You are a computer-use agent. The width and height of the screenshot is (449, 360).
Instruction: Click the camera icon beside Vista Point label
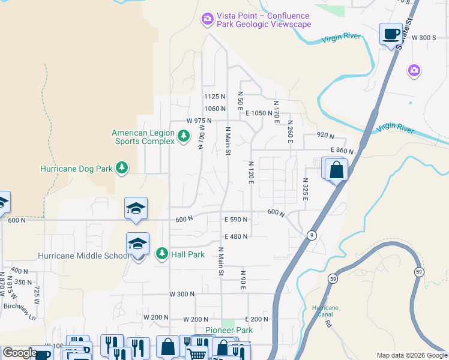(x=208, y=20)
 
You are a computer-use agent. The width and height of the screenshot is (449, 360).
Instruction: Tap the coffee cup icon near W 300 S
(x=391, y=34)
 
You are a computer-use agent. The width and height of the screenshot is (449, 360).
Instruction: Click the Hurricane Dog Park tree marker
(x=122, y=169)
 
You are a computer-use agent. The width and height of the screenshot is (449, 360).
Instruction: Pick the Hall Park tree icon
(x=161, y=254)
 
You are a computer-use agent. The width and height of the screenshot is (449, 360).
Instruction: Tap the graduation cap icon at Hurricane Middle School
(x=137, y=245)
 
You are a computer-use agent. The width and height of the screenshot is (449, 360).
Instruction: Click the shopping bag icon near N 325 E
(x=337, y=170)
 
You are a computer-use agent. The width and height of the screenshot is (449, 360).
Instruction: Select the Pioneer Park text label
(x=229, y=330)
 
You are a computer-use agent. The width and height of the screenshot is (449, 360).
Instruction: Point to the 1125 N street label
(x=214, y=96)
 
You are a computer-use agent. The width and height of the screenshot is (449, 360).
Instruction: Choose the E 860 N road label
(x=340, y=151)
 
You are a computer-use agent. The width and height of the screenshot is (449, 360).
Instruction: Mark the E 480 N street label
(x=236, y=236)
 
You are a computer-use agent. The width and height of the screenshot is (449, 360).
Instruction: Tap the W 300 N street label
(x=182, y=294)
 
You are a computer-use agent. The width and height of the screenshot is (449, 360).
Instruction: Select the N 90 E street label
(x=243, y=281)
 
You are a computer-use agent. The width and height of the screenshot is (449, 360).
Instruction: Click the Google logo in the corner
(x=20, y=353)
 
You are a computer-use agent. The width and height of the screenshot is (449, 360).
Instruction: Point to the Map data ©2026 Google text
(x=411, y=355)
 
